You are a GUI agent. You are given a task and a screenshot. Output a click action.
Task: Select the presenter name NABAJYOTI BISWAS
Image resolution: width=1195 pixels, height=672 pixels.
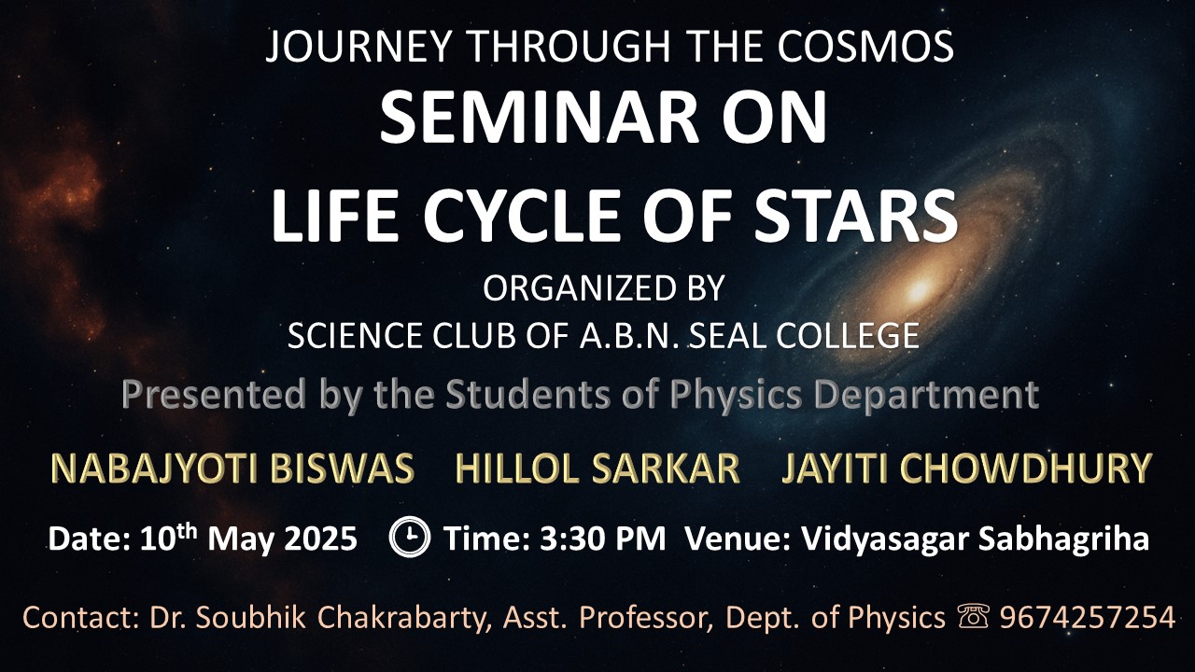[x=232, y=469]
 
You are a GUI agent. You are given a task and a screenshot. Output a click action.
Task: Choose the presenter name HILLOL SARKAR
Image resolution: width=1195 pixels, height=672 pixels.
[x=597, y=469]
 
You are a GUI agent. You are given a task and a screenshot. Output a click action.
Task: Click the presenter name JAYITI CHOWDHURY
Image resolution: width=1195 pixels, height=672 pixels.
[x=966, y=469]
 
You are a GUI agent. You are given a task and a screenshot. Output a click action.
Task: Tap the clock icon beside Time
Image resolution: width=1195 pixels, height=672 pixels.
[x=409, y=537]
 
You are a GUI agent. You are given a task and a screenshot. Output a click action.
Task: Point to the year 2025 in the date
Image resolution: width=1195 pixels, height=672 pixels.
[x=320, y=539]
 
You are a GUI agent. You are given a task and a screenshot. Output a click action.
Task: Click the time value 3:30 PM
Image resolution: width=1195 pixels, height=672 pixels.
[x=603, y=539]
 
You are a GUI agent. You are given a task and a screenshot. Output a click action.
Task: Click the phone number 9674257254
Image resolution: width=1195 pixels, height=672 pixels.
[x=1088, y=618]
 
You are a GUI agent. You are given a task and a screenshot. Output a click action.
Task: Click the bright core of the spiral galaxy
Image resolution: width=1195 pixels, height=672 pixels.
[x=919, y=290]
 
